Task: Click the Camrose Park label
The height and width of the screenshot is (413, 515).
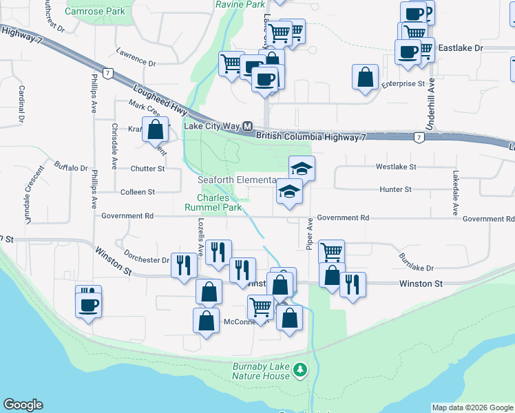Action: point(95,11)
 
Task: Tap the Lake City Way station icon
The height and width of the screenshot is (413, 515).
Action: point(247,127)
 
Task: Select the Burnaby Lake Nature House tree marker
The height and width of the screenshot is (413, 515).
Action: point(299,370)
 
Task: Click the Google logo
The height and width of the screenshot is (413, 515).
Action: point(23,405)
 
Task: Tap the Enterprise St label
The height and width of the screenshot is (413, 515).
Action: point(403,83)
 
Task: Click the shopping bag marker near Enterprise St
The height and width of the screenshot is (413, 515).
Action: point(365,76)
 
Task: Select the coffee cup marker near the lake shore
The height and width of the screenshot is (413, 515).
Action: point(89,304)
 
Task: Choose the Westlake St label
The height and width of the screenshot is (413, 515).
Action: point(396,167)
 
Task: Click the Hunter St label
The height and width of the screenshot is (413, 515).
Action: point(395,189)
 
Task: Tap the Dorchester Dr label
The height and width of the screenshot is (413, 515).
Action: point(147,260)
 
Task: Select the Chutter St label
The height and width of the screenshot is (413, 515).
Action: point(148,168)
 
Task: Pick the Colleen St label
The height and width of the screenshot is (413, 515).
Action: point(138,192)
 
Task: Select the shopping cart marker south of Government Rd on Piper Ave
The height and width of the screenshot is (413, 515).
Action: point(332,252)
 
